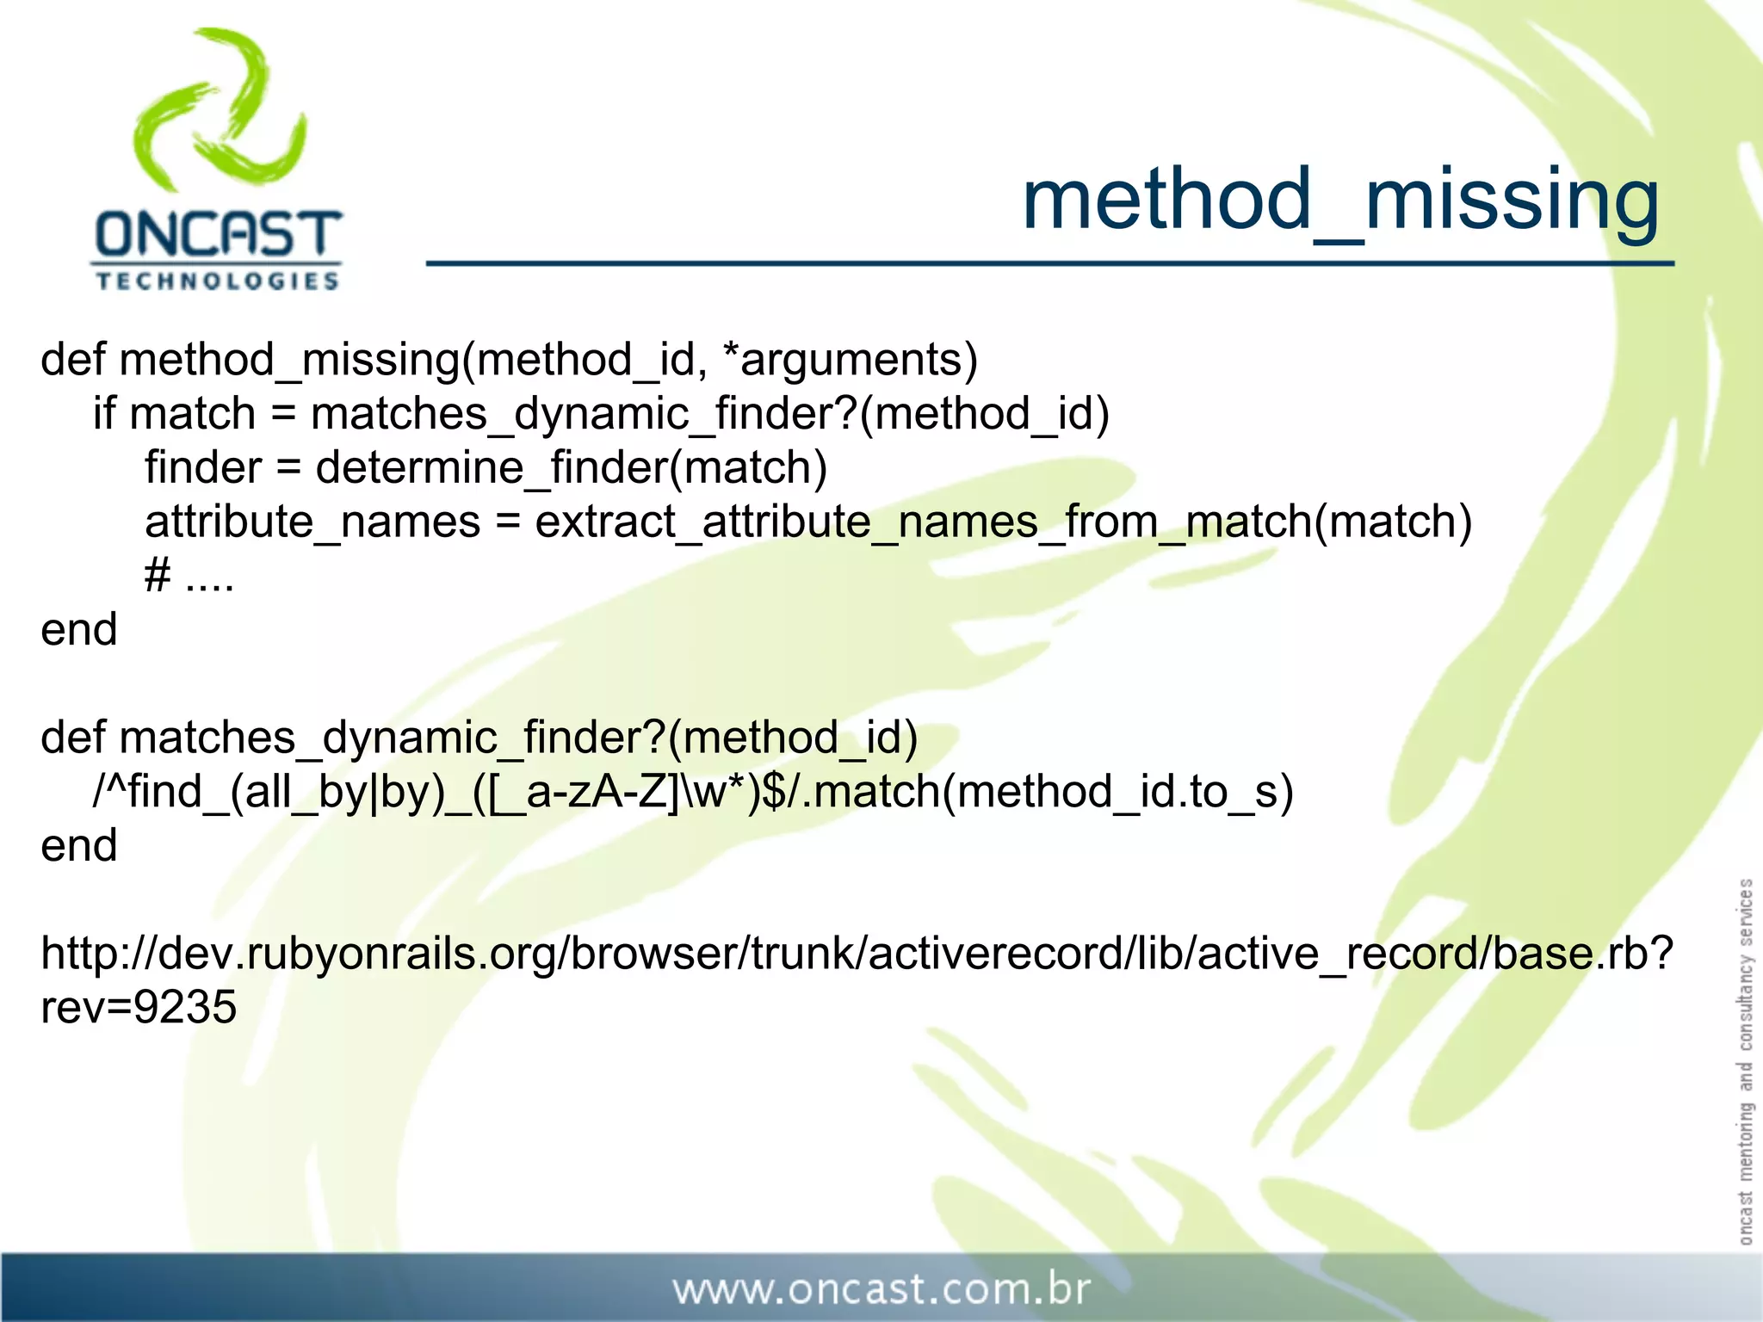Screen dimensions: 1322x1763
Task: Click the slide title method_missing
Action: (x=1339, y=201)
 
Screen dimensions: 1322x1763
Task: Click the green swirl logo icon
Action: (x=220, y=112)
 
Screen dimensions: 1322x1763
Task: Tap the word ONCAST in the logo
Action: (x=218, y=235)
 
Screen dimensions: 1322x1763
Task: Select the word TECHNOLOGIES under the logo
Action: (x=218, y=281)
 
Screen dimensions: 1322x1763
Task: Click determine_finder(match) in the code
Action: (x=571, y=468)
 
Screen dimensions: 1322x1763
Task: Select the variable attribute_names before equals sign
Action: (x=312, y=522)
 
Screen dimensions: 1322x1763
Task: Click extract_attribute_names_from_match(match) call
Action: (x=1004, y=522)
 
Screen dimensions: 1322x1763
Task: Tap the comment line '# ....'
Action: (x=189, y=576)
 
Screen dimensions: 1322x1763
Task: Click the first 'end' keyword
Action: (x=78, y=630)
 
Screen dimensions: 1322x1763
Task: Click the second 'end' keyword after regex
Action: (x=78, y=846)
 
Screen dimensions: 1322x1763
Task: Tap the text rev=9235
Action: (x=138, y=1008)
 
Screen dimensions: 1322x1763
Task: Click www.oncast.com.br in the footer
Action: (x=881, y=1289)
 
